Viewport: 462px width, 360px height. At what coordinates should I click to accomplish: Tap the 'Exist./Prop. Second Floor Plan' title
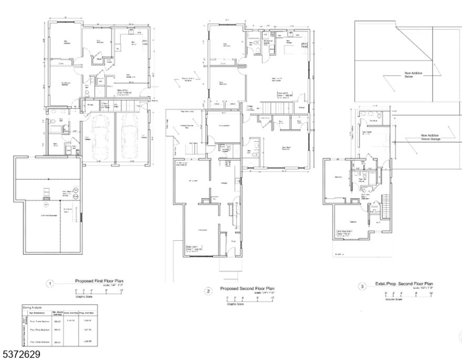coord(404,284)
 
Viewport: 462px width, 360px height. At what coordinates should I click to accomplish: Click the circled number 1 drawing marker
coord(50,284)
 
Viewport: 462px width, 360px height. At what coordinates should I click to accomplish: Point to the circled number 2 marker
coord(208,291)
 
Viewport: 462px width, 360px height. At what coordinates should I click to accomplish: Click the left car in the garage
coord(99,138)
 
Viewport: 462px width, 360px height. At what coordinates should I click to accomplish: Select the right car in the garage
coord(129,138)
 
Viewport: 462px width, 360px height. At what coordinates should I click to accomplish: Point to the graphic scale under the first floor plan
coord(99,293)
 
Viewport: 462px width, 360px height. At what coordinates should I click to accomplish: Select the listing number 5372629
coord(21,355)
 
